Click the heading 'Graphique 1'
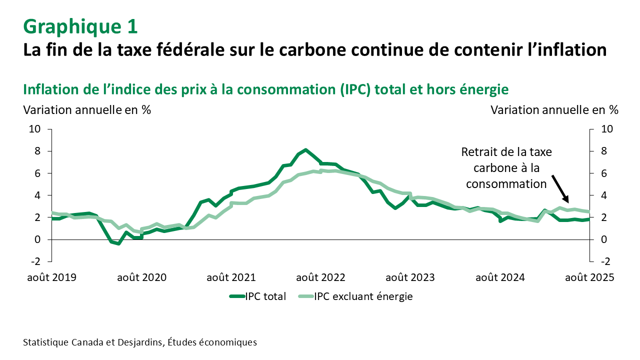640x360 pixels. tap(80, 26)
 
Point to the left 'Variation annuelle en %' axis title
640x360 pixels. tap(87, 110)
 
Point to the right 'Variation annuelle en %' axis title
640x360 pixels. tap(554, 110)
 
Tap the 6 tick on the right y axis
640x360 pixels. tap(603, 173)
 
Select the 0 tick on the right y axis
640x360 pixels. tap(603, 239)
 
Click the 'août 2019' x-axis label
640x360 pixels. tap(51, 277)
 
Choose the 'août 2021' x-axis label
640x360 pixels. tap(231, 277)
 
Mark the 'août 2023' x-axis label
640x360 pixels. tap(410, 277)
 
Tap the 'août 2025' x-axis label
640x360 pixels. tap(589, 277)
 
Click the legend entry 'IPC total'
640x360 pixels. tap(265, 296)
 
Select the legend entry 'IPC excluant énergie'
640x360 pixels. tap(363, 296)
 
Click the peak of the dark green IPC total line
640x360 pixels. tap(306, 150)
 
